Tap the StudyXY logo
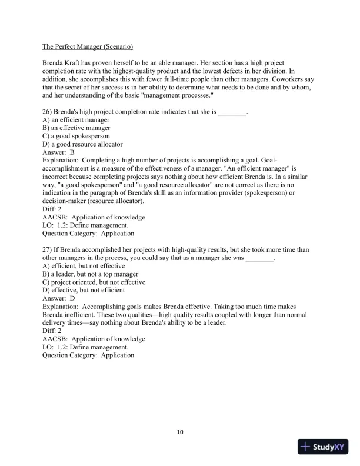tap(324, 447)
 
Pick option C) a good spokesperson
tap(76, 135)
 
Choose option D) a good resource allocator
tap(82, 144)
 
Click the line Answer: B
tap(58, 152)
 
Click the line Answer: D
tap(58, 298)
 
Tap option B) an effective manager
tap(76, 128)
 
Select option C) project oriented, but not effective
tap(94, 282)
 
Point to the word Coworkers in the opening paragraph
tap(275, 78)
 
